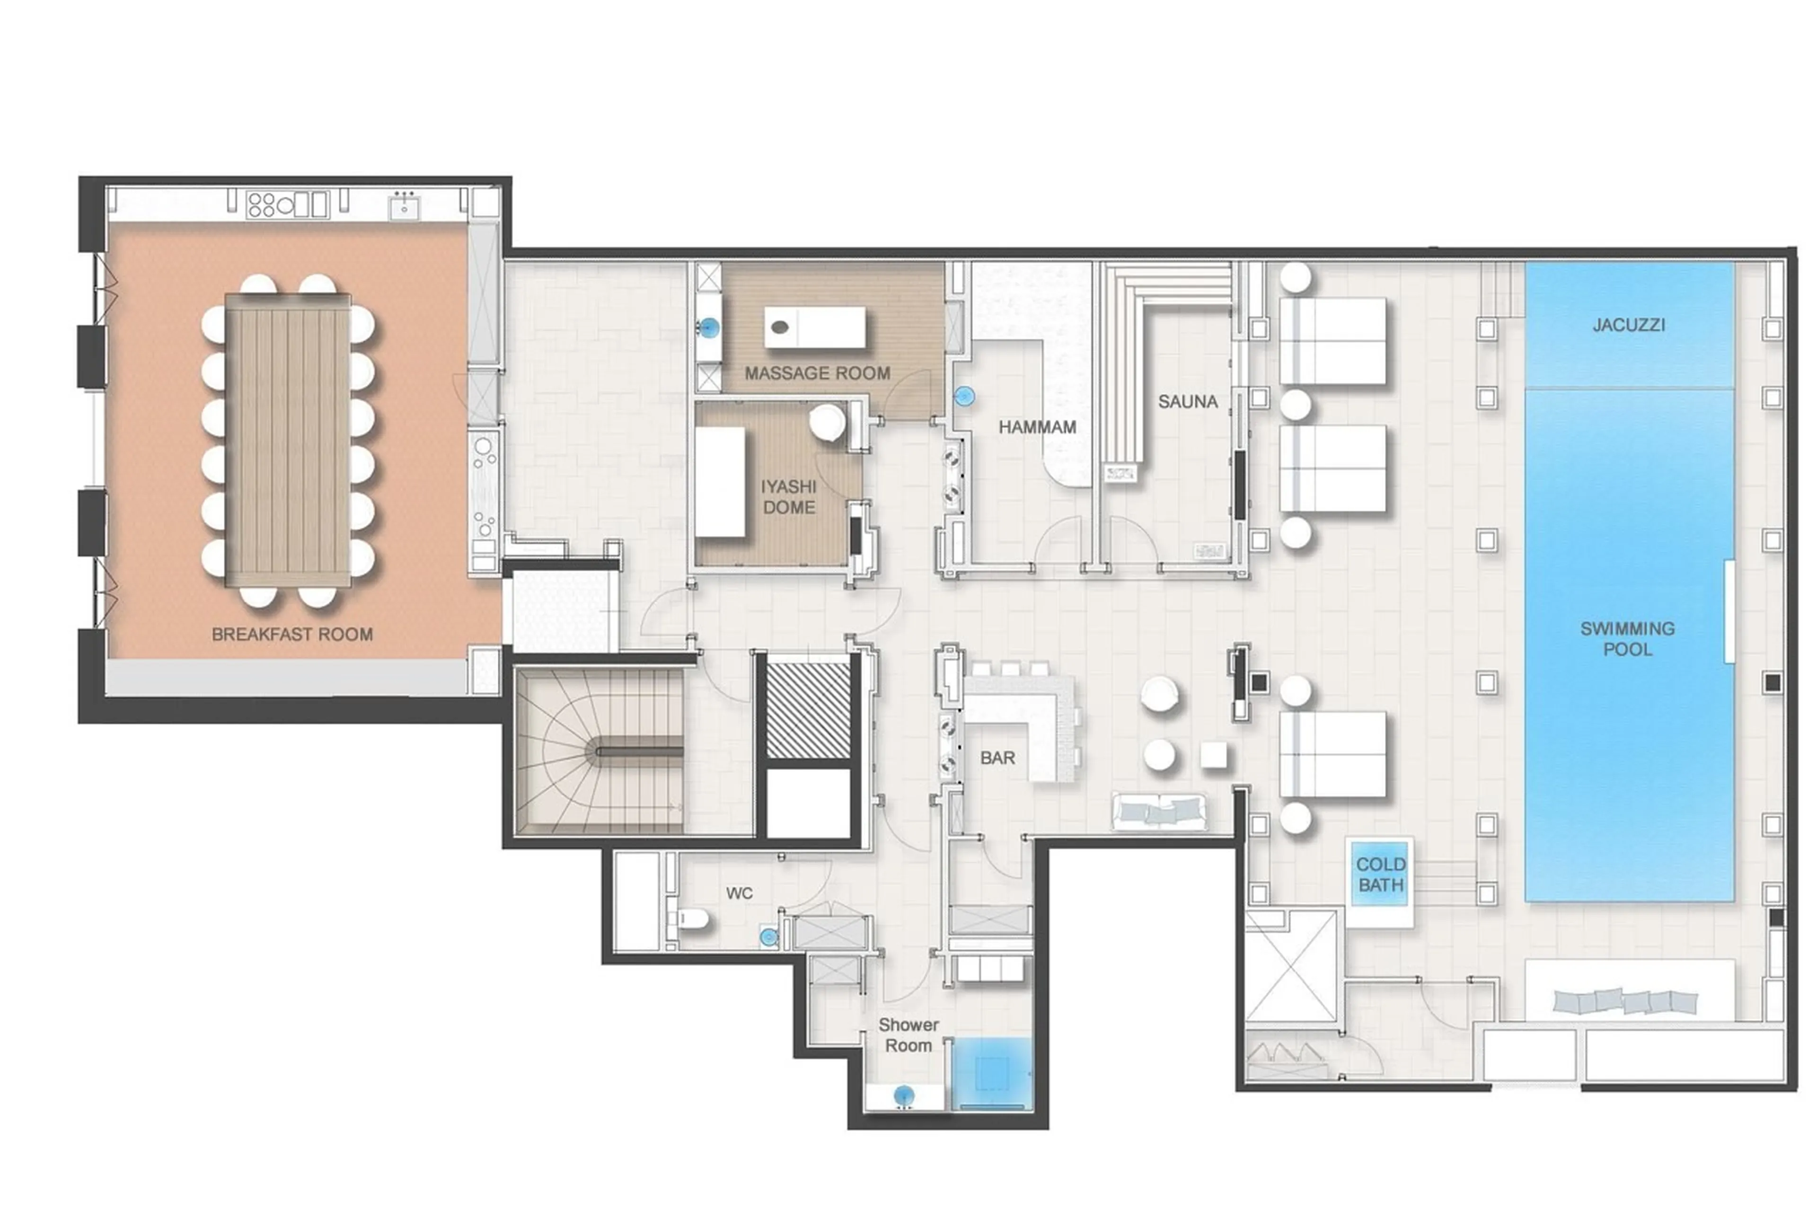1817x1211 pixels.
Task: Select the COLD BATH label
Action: pos(1380,874)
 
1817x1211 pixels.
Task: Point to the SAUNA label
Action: pos(1187,402)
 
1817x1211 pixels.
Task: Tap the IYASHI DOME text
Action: pos(788,496)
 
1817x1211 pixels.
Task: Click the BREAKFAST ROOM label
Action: pos(292,634)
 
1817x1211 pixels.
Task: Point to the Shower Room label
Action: pos(908,1035)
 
